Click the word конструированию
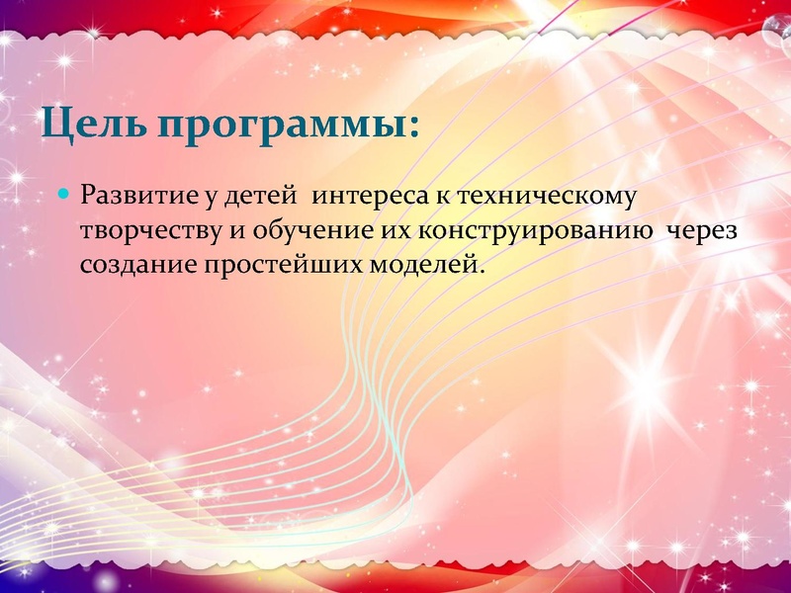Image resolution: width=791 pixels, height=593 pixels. tap(542, 230)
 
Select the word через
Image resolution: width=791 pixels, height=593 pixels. tap(704, 230)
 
